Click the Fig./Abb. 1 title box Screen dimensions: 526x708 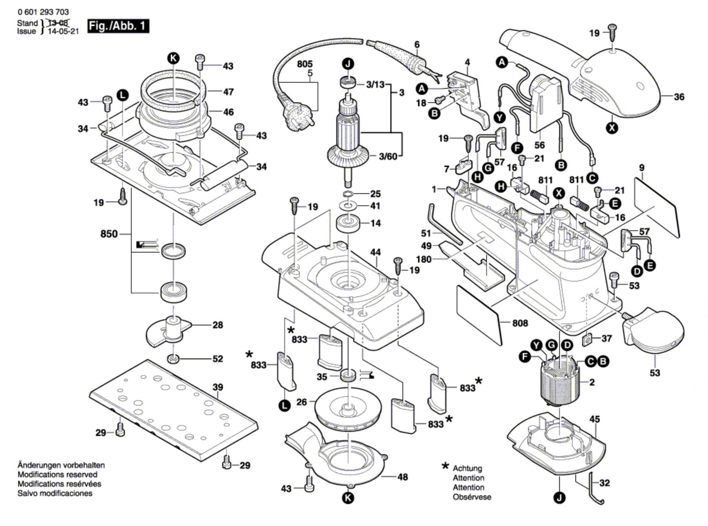118,26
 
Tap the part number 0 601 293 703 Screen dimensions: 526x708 43,12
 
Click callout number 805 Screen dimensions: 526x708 304,65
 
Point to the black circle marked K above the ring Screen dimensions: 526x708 173,57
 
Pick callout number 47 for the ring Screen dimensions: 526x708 228,92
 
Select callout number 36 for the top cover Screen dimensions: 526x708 679,96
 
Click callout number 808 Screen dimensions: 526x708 520,323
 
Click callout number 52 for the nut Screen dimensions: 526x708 217,358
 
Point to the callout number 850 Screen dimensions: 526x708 109,234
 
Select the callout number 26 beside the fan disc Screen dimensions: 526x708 301,402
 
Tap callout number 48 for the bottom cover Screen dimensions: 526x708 402,477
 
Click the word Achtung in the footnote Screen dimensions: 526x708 467,468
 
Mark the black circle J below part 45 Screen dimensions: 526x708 560,498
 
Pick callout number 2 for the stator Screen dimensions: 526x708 592,382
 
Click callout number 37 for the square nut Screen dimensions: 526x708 606,338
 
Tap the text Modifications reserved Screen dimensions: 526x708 58,475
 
